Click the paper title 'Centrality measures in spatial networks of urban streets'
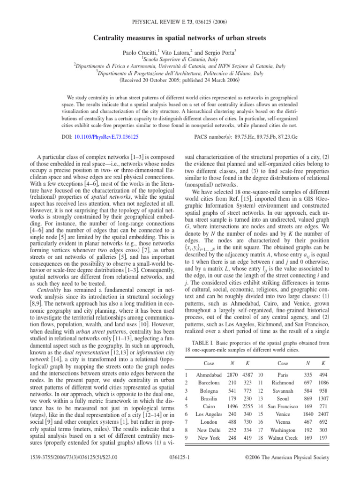pyautogui.click(x=180, y=37)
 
